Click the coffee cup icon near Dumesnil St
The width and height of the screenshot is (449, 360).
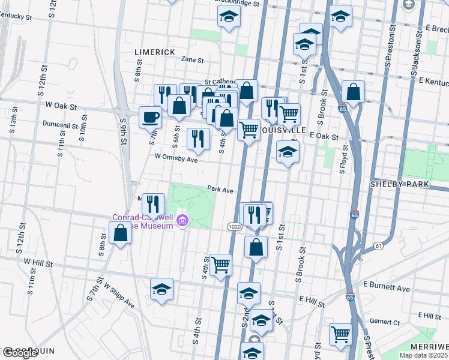150,116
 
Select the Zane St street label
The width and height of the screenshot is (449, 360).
193,60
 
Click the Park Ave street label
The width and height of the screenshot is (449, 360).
220,188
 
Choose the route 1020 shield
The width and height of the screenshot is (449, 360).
235,226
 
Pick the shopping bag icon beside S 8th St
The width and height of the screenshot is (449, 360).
121,232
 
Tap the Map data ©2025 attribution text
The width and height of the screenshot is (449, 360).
423,355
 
